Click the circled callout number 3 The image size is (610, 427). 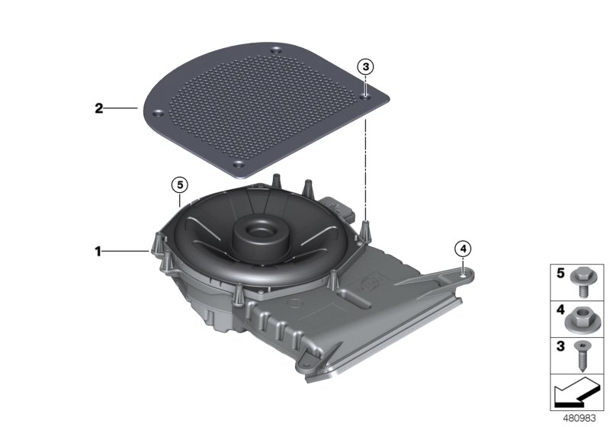pyautogui.click(x=366, y=67)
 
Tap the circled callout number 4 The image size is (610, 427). pyautogui.click(x=463, y=248)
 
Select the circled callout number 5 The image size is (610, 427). pyautogui.click(x=178, y=185)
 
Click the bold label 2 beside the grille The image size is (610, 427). pyautogui.click(x=98, y=109)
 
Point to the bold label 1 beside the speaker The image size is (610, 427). pyautogui.click(x=98, y=250)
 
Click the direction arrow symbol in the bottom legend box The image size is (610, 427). pyautogui.click(x=577, y=394)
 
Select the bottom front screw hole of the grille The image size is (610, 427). pyautogui.click(x=238, y=164)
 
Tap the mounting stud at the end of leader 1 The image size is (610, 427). pyautogui.click(x=155, y=245)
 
